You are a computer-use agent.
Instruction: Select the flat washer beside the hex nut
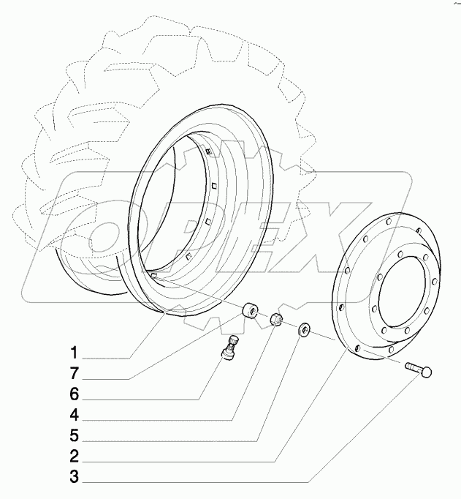(x=302, y=331)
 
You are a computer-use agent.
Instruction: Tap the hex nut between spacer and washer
(x=277, y=320)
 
